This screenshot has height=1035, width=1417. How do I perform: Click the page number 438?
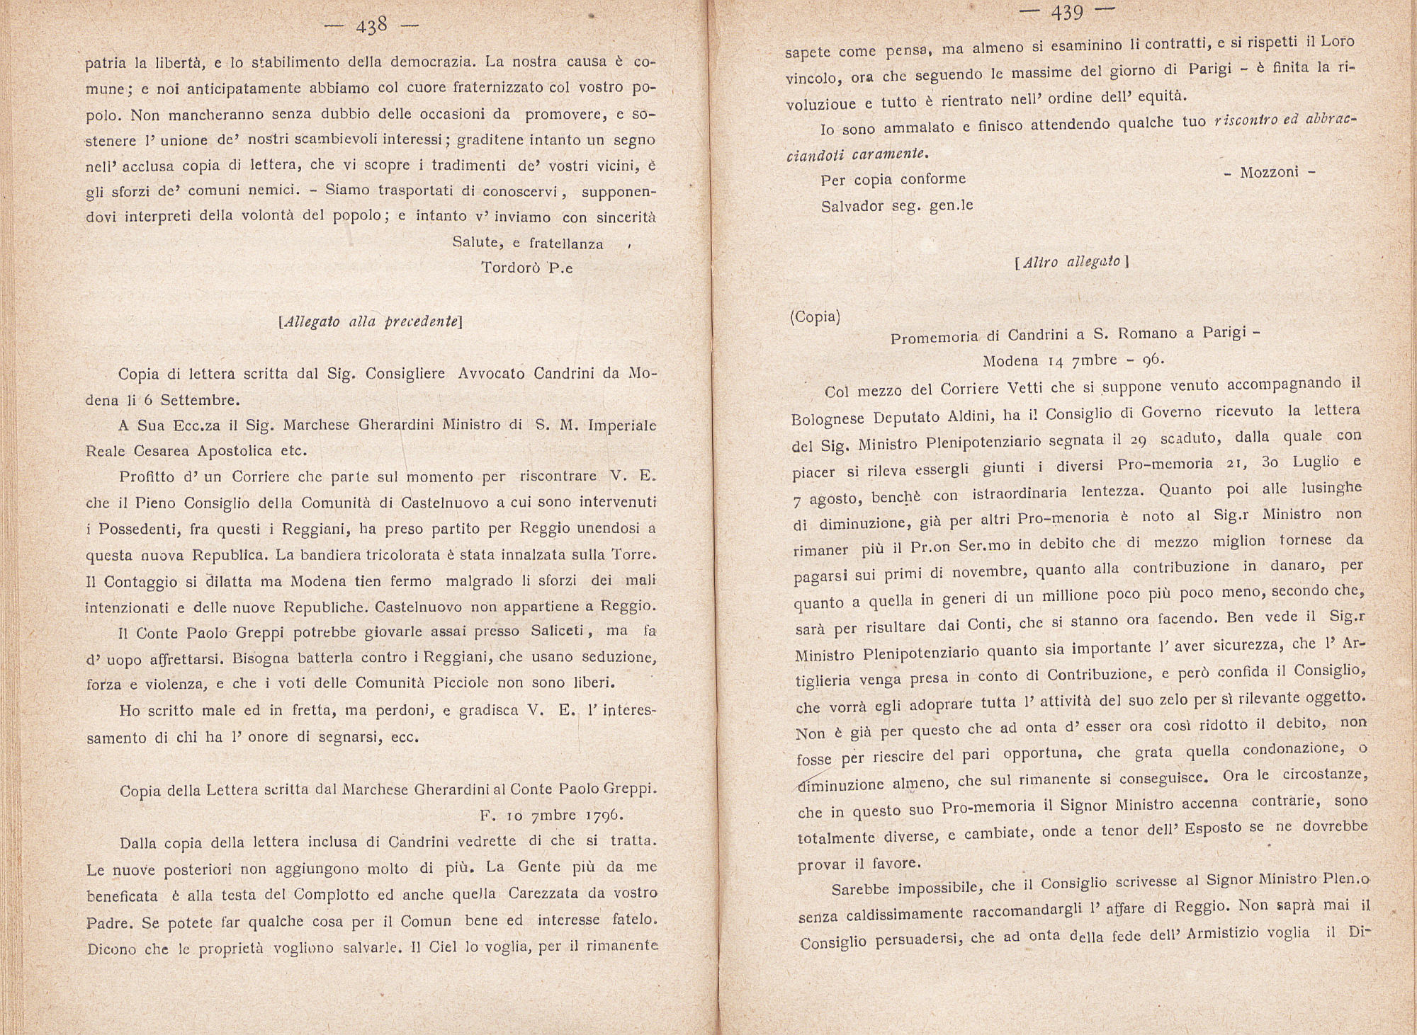pyautogui.click(x=371, y=27)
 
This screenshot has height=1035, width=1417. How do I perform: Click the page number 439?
pyautogui.click(x=1068, y=13)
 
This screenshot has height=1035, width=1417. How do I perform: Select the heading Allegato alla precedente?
pyautogui.click(x=371, y=321)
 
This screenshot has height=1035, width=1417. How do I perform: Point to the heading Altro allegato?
pyautogui.click(x=1071, y=261)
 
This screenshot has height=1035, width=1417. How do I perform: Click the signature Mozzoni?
pyautogui.click(x=1269, y=172)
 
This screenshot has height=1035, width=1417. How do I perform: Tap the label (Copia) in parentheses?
pyautogui.click(x=815, y=316)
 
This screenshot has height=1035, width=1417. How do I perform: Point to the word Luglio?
pyautogui.click(x=1309, y=462)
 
